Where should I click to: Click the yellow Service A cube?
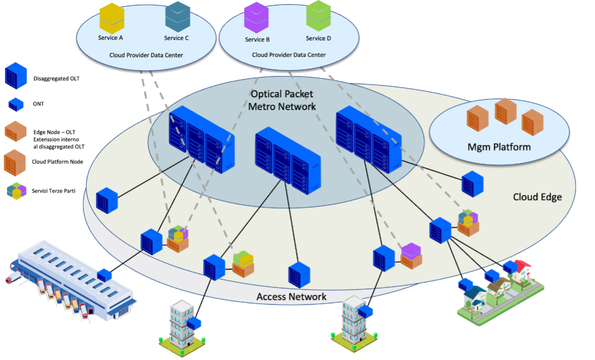(112, 18)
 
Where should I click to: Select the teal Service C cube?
(178, 16)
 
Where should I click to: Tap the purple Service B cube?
(256, 18)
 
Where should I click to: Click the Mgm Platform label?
(499, 147)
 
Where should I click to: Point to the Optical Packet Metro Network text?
(282, 100)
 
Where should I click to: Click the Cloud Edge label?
(537, 197)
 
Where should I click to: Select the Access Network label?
(291, 297)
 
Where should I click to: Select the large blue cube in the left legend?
(16, 76)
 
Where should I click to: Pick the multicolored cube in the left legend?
(16, 191)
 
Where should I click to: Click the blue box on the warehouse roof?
(104, 274)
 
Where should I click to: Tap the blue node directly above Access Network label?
(299, 275)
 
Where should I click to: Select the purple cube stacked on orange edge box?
(410, 250)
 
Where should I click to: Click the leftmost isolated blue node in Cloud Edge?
(107, 200)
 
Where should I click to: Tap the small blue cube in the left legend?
(16, 104)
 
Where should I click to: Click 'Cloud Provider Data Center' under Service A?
(146, 55)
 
